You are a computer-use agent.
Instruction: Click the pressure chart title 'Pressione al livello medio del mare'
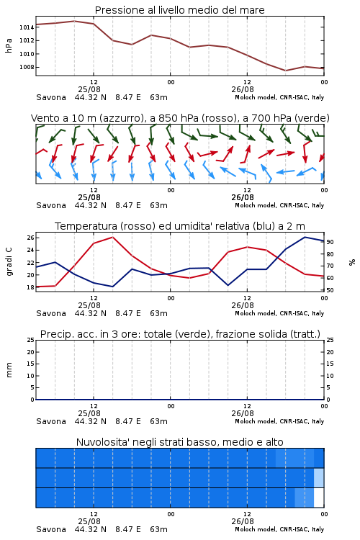point(179,10)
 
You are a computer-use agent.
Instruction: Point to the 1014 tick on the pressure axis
point(27,27)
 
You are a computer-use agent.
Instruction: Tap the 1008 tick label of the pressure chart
point(27,67)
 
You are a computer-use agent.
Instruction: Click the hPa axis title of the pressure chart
point(9,45)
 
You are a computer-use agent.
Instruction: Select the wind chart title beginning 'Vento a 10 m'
point(180,118)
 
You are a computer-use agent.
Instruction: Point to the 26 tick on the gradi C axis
point(30,238)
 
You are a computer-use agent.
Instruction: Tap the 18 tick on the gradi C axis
point(30,287)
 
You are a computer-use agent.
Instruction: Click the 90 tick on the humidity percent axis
point(330,242)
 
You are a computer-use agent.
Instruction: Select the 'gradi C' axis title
point(9,262)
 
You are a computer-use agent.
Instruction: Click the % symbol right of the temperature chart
point(352,262)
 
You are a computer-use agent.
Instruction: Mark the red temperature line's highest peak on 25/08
point(112,237)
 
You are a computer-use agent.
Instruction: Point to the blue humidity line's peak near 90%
point(305,237)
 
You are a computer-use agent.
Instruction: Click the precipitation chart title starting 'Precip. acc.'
point(180,334)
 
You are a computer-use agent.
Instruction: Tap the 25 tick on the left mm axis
point(30,340)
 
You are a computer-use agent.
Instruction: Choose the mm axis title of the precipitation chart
point(9,370)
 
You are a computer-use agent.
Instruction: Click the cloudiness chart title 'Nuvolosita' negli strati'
point(179,442)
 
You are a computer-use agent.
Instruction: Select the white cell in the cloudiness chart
point(319,498)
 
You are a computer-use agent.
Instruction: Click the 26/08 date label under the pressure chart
point(243,89)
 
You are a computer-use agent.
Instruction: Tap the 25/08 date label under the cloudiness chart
point(89,521)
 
